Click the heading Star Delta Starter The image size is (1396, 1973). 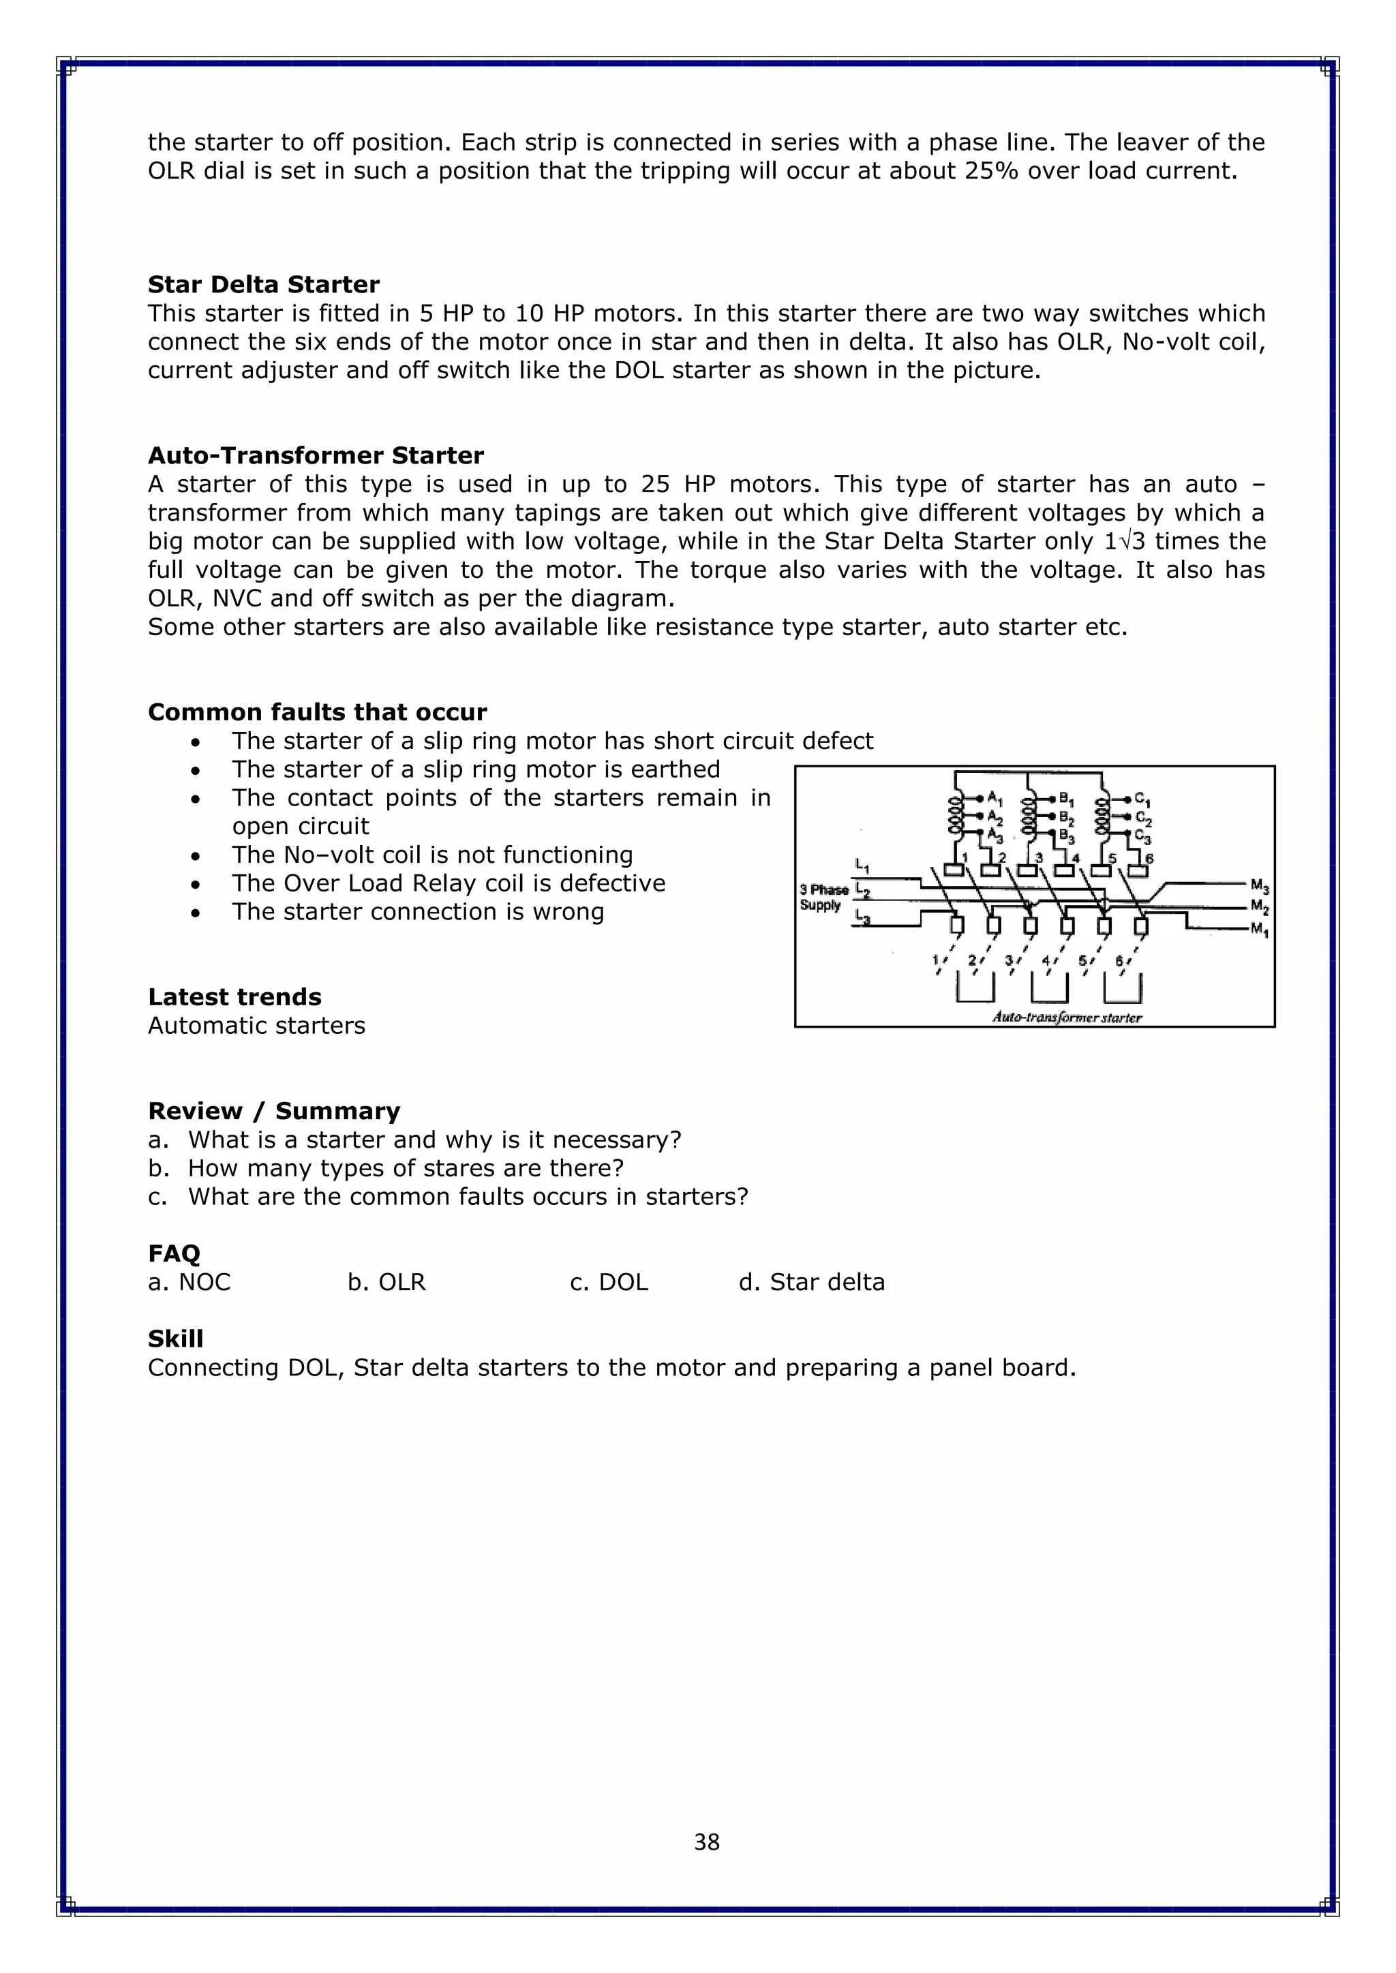(x=263, y=284)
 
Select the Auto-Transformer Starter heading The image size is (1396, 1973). (x=316, y=455)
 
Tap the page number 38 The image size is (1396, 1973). (x=707, y=1841)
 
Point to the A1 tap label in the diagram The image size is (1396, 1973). (x=995, y=797)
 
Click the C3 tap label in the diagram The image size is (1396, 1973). (x=1143, y=836)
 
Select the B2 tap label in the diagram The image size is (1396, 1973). (x=1067, y=817)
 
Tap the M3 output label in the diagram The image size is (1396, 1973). (x=1260, y=885)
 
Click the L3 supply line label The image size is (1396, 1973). (x=862, y=919)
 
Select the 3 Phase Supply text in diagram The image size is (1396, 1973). (x=823, y=897)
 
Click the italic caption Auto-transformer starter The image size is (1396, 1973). (x=1067, y=1018)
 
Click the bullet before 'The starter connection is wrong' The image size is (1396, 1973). (x=196, y=913)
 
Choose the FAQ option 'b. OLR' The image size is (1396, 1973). (x=386, y=1282)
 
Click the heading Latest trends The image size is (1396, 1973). (x=234, y=997)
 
